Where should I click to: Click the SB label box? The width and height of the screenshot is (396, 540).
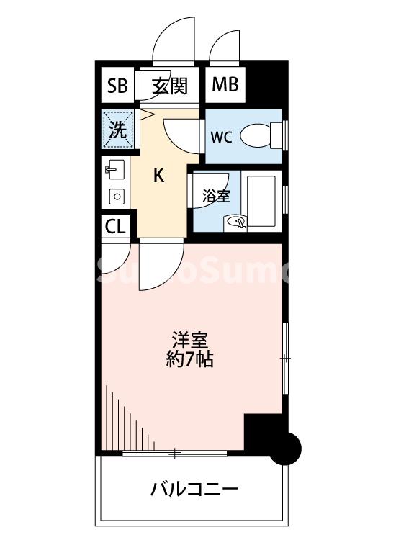click(116, 86)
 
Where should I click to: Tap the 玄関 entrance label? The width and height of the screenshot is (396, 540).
click(170, 86)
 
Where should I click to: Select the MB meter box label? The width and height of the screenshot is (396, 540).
click(225, 86)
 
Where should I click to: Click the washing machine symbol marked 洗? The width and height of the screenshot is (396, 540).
click(116, 130)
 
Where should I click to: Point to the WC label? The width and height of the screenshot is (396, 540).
click(221, 137)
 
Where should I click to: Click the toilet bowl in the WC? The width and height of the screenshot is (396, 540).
click(256, 135)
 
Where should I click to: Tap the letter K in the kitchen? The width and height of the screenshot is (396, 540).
click(159, 175)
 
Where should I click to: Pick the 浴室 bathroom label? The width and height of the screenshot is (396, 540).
click(215, 194)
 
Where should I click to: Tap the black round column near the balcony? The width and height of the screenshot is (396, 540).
click(288, 448)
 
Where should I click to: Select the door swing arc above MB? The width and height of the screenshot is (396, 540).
click(224, 45)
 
